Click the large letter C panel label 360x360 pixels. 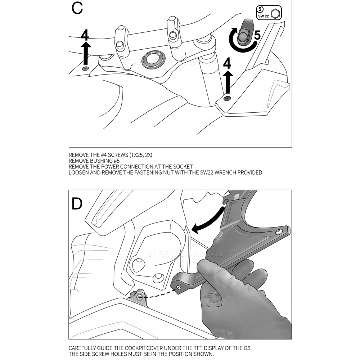[77, 9]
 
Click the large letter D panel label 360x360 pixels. [77, 204]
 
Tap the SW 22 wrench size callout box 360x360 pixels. [269, 13]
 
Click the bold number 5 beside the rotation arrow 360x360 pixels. [257, 35]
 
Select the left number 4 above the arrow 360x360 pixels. [85, 35]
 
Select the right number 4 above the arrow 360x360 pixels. [227, 64]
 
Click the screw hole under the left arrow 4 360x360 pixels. [85, 68]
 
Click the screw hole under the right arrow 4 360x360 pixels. [227, 98]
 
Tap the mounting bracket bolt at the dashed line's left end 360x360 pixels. [140, 296]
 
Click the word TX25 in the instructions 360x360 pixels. [133, 155]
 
